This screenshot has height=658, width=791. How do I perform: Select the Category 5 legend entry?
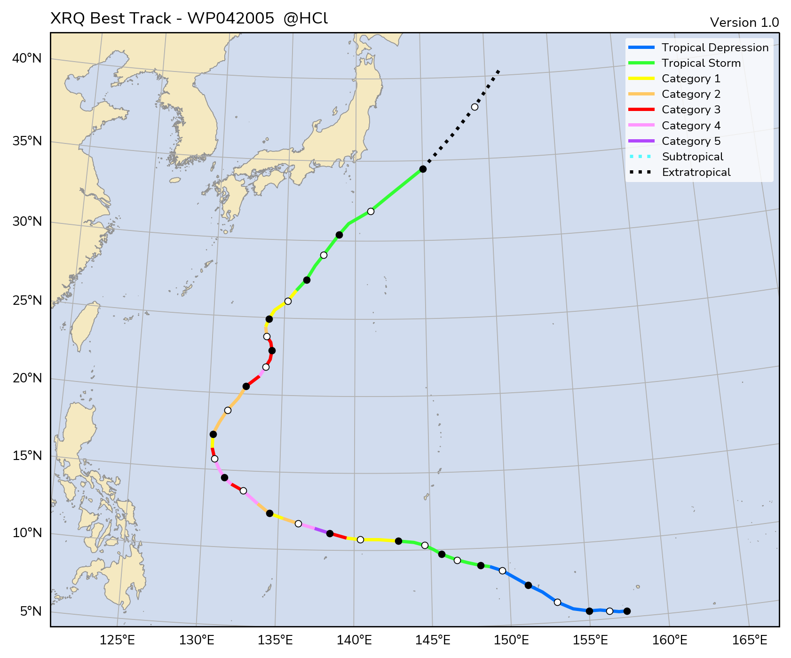click(x=691, y=141)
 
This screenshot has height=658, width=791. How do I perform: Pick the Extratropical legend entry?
click(x=696, y=172)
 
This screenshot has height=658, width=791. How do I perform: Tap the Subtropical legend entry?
click(x=692, y=157)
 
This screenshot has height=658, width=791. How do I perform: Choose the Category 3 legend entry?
click(x=691, y=110)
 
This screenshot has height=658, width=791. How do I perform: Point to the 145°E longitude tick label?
click(x=435, y=640)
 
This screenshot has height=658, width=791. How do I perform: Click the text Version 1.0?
click(x=744, y=23)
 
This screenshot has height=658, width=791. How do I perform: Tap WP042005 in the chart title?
click(x=230, y=18)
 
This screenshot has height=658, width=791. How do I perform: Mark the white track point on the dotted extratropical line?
click(x=475, y=107)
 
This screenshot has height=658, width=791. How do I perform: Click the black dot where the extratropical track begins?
click(x=423, y=169)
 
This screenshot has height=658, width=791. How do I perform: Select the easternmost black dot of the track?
click(x=627, y=611)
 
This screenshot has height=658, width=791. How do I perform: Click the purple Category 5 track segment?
click(x=322, y=531)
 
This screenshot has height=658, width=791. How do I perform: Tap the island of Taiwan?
click(x=85, y=325)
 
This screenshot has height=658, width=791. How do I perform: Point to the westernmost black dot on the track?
click(x=213, y=434)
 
